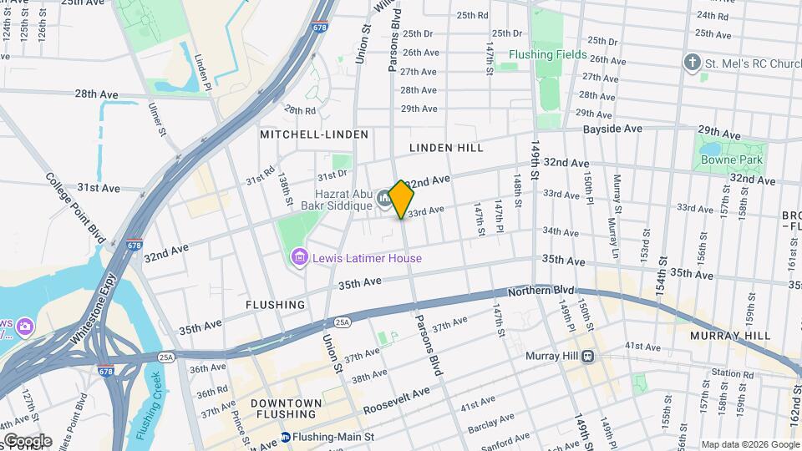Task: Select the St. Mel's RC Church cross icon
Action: (691, 63)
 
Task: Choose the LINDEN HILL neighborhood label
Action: (446, 148)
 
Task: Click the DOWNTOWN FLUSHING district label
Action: (286, 408)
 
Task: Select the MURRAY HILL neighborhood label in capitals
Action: (729, 336)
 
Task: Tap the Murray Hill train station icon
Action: (588, 356)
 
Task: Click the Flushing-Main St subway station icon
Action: (286, 437)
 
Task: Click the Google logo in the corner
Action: (27, 440)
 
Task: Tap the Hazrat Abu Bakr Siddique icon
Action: (383, 197)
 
